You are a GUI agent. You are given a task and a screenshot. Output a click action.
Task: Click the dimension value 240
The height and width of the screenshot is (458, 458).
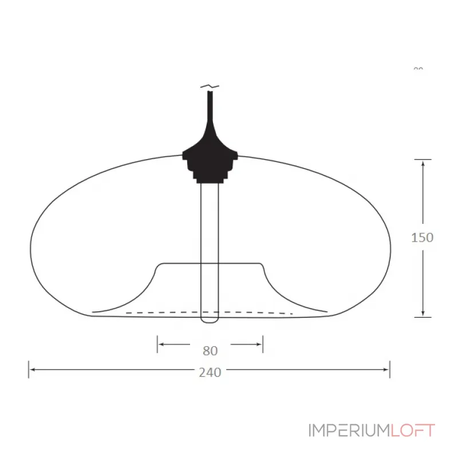click(x=210, y=372)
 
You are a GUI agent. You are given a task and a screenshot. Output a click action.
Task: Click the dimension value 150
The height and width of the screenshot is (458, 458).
click(x=423, y=237)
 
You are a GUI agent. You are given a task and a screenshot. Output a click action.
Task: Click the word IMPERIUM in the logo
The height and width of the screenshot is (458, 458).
click(x=349, y=431)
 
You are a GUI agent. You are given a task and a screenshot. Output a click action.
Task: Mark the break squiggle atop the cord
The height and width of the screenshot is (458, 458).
click(x=210, y=86)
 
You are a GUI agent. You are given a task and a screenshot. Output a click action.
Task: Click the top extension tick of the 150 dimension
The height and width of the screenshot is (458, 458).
click(x=423, y=159)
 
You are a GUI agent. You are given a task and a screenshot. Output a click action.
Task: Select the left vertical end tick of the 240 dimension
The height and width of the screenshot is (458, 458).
click(x=29, y=369)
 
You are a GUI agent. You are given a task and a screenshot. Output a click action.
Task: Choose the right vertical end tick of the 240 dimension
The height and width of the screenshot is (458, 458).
click(x=390, y=369)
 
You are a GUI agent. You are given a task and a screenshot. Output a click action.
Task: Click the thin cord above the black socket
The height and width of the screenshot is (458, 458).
click(x=210, y=106)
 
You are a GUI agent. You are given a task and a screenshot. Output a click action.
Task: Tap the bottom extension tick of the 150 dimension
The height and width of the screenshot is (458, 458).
click(x=423, y=317)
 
